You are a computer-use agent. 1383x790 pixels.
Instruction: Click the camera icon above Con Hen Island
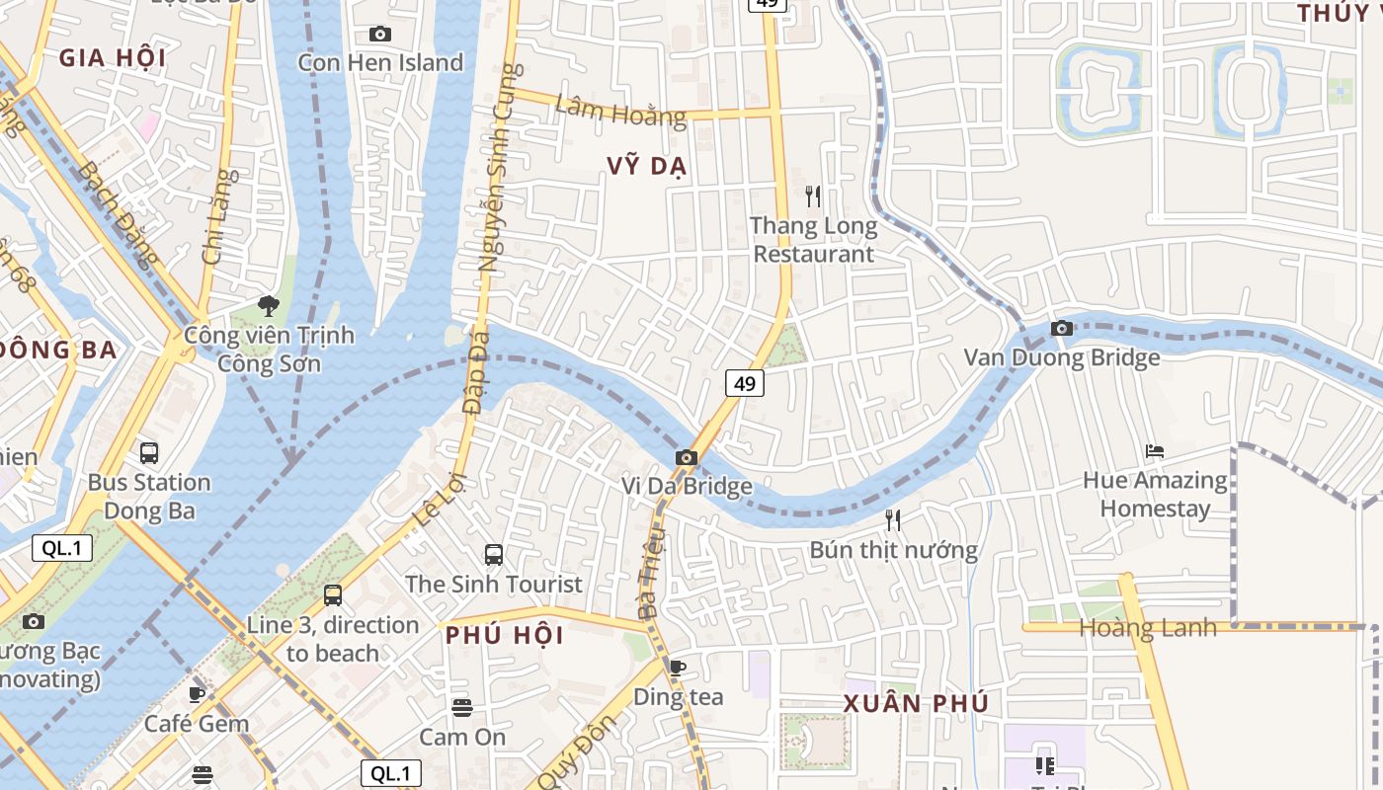pyautogui.click(x=379, y=35)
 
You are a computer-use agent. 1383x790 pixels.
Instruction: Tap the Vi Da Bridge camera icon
pyautogui.click(x=687, y=457)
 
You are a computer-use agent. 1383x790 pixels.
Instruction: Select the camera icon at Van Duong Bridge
pyautogui.click(x=1062, y=328)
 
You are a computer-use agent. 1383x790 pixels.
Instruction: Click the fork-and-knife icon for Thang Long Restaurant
pyautogui.click(x=813, y=196)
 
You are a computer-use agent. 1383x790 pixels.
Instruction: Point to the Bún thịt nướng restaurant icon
pyautogui.click(x=893, y=519)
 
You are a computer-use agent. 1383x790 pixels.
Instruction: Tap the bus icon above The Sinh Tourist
pyautogui.click(x=494, y=554)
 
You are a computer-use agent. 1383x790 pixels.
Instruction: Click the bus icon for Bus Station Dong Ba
pyautogui.click(x=149, y=453)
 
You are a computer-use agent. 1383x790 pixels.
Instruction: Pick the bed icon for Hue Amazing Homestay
pyautogui.click(x=1154, y=451)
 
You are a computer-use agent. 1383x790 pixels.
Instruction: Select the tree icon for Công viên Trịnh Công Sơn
pyautogui.click(x=268, y=306)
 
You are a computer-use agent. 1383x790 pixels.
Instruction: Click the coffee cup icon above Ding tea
pyautogui.click(x=678, y=668)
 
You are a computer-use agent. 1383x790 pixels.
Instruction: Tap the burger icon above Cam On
pyautogui.click(x=461, y=707)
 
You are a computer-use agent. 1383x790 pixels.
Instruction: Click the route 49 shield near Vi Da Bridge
pyautogui.click(x=745, y=382)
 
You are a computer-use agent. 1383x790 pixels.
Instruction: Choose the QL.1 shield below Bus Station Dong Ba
pyautogui.click(x=63, y=548)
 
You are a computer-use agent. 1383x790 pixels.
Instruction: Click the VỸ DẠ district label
pyautogui.click(x=647, y=167)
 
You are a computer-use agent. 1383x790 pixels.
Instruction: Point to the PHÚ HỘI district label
pyautogui.click(x=505, y=635)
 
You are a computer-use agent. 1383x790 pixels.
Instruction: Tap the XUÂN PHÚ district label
pyautogui.click(x=916, y=704)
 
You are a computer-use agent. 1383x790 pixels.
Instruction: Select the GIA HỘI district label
pyautogui.click(x=113, y=57)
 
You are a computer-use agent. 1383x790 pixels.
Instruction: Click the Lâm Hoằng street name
pyautogui.click(x=620, y=111)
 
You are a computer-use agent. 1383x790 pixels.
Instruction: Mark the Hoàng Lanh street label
pyautogui.click(x=1147, y=628)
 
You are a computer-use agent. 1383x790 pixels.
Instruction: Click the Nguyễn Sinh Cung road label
pyautogui.click(x=497, y=168)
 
